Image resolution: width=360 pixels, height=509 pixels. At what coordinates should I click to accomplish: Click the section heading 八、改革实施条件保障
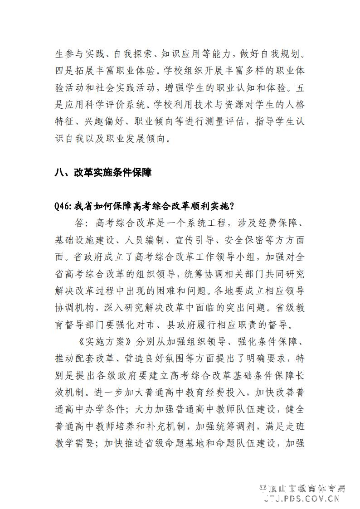click(102, 172)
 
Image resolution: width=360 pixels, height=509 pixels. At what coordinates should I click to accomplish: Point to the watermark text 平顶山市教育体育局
click(302, 489)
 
